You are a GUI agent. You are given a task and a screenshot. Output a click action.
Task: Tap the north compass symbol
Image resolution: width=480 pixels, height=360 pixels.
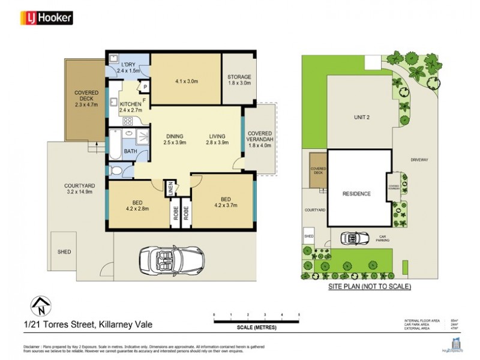point(40,306)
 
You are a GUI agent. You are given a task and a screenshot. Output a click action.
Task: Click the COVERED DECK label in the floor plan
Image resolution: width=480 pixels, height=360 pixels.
point(86,97)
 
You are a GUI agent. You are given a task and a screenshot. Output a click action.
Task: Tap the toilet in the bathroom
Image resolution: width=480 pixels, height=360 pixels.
point(117,172)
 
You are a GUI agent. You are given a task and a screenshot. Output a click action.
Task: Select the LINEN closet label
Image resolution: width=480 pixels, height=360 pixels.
point(170,187)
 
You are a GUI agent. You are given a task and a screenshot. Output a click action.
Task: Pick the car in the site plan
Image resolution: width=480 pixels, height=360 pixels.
point(353,238)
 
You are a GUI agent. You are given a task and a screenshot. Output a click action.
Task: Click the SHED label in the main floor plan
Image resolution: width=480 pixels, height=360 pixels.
point(65,252)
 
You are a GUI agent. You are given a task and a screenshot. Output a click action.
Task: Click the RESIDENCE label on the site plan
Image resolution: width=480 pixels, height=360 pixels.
point(356,194)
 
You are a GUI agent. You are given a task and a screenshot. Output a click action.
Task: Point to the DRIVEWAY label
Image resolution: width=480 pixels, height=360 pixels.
point(419,160)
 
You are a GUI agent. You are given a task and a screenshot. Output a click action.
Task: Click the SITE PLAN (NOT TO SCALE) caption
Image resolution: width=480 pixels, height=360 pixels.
point(369,287)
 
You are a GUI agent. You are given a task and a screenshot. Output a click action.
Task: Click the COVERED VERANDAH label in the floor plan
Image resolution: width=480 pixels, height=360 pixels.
point(260,139)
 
